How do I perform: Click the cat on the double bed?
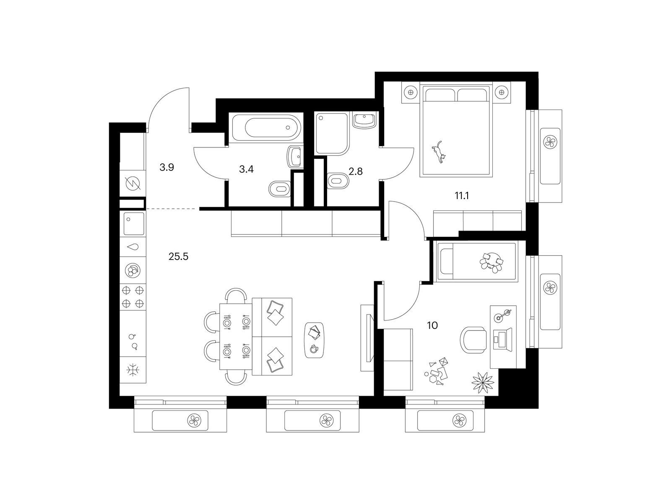tap(439, 152)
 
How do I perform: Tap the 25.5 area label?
tap(178, 257)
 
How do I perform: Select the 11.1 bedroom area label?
tap(462, 196)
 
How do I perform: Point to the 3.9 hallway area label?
tap(166, 168)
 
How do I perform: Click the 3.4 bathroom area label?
tap(246, 169)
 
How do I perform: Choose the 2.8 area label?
tap(356, 171)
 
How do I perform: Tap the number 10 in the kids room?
tap(432, 325)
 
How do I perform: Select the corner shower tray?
tap(332, 134)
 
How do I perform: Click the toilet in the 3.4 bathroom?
tap(279, 189)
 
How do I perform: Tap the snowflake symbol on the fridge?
tap(133, 370)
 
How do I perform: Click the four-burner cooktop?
tap(133, 297)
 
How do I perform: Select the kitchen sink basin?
tap(134, 224)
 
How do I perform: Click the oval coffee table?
tap(314, 340)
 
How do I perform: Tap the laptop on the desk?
tap(502, 338)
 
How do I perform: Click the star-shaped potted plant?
tap(483, 381)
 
